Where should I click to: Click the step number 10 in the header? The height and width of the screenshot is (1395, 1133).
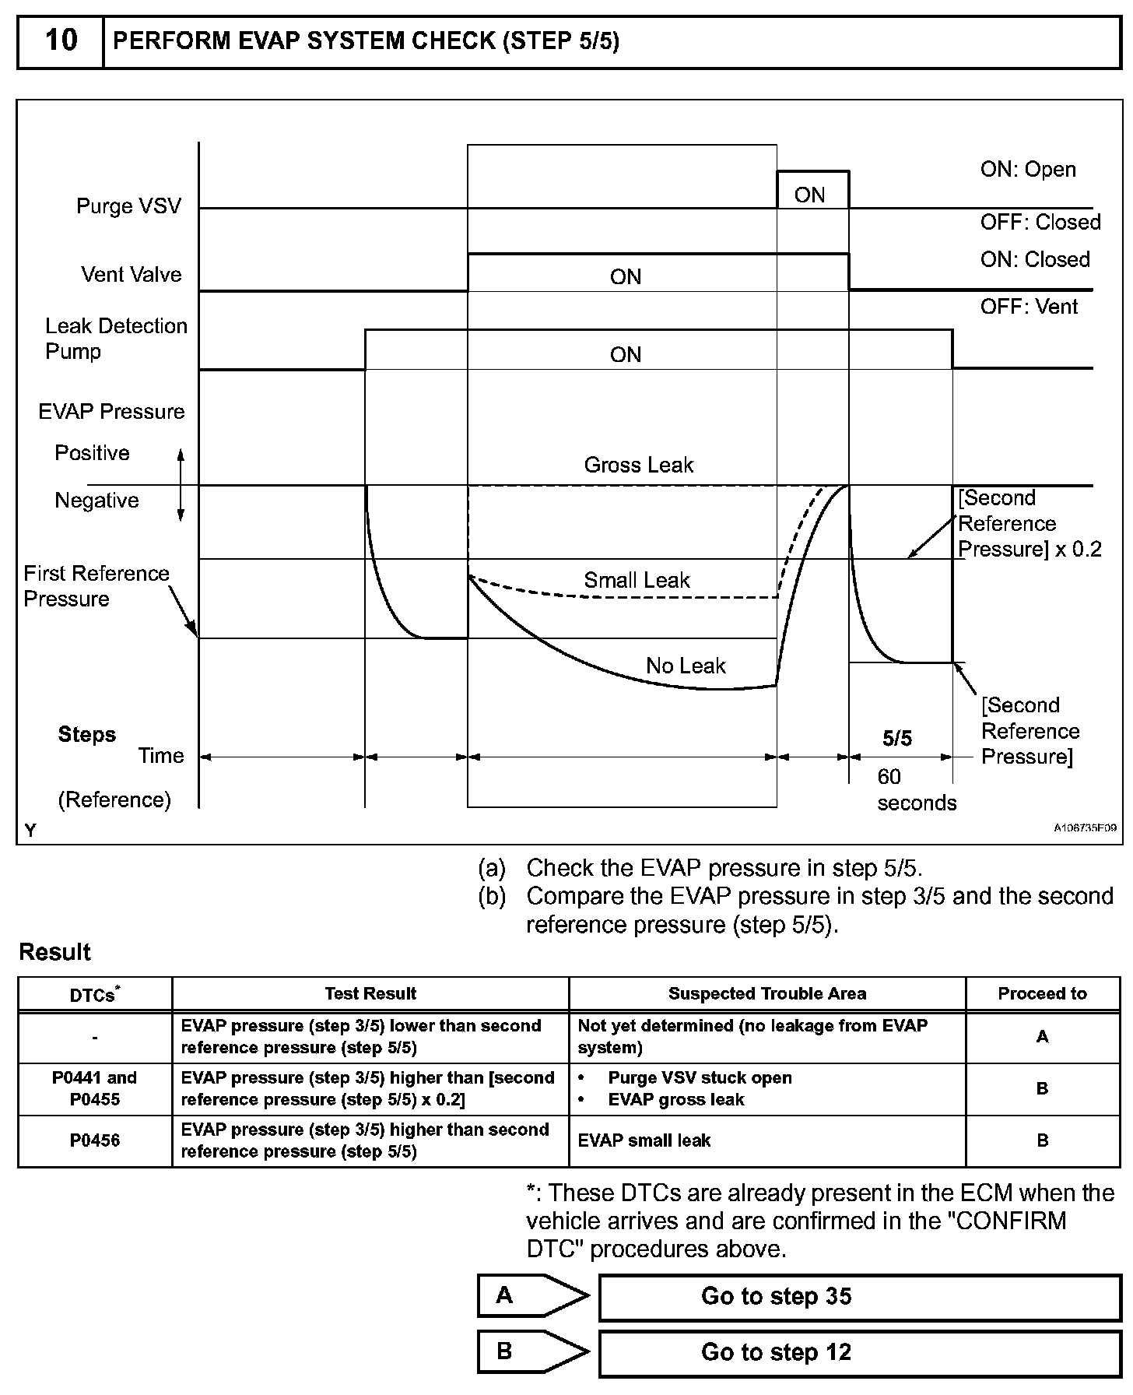61,40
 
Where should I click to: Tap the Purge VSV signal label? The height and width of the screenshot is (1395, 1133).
128,206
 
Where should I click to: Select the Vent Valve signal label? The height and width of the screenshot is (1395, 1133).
131,274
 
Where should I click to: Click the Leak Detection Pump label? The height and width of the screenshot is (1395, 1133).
116,338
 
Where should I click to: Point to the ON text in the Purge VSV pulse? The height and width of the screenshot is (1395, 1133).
809,195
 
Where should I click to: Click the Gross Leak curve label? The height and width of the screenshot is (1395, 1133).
638,465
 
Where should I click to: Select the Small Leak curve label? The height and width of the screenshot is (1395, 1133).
637,580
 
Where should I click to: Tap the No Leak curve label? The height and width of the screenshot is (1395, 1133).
685,666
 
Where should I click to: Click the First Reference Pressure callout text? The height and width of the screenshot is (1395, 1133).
96,585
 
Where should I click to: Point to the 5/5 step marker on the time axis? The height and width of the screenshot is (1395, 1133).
897,738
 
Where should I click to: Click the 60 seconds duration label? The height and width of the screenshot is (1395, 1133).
915,789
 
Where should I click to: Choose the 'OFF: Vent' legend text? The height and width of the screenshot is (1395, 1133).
1029,307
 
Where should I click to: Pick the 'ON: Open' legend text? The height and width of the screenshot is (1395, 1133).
1028,169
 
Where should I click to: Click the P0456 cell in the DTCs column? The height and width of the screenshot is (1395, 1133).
94,1140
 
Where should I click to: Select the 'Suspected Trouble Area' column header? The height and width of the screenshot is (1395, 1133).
766,993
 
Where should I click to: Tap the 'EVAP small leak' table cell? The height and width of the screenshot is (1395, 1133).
644,1140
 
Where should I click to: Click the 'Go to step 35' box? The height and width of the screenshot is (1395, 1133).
859,1296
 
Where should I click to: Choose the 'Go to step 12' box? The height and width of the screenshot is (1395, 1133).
859,1352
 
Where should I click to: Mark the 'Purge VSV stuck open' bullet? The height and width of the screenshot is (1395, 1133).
700,1077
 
